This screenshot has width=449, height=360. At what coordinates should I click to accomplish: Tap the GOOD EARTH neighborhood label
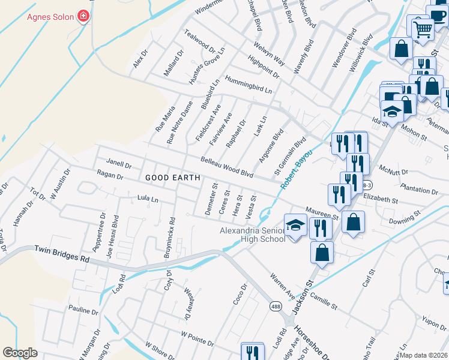pyautogui.click(x=166, y=178)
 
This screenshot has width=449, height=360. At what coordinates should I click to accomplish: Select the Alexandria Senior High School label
pyautogui.click(x=253, y=235)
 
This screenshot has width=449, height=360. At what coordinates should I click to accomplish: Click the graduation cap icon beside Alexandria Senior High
pyautogui.click(x=295, y=226)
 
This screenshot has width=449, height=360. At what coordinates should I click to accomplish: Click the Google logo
pyautogui.click(x=20, y=353)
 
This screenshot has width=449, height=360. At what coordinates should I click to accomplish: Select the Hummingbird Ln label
pyautogui.click(x=249, y=83)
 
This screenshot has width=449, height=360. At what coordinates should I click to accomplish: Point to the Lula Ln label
pyautogui.click(x=147, y=198)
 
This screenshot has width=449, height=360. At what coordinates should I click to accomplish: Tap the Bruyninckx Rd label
pyautogui.click(x=169, y=238)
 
